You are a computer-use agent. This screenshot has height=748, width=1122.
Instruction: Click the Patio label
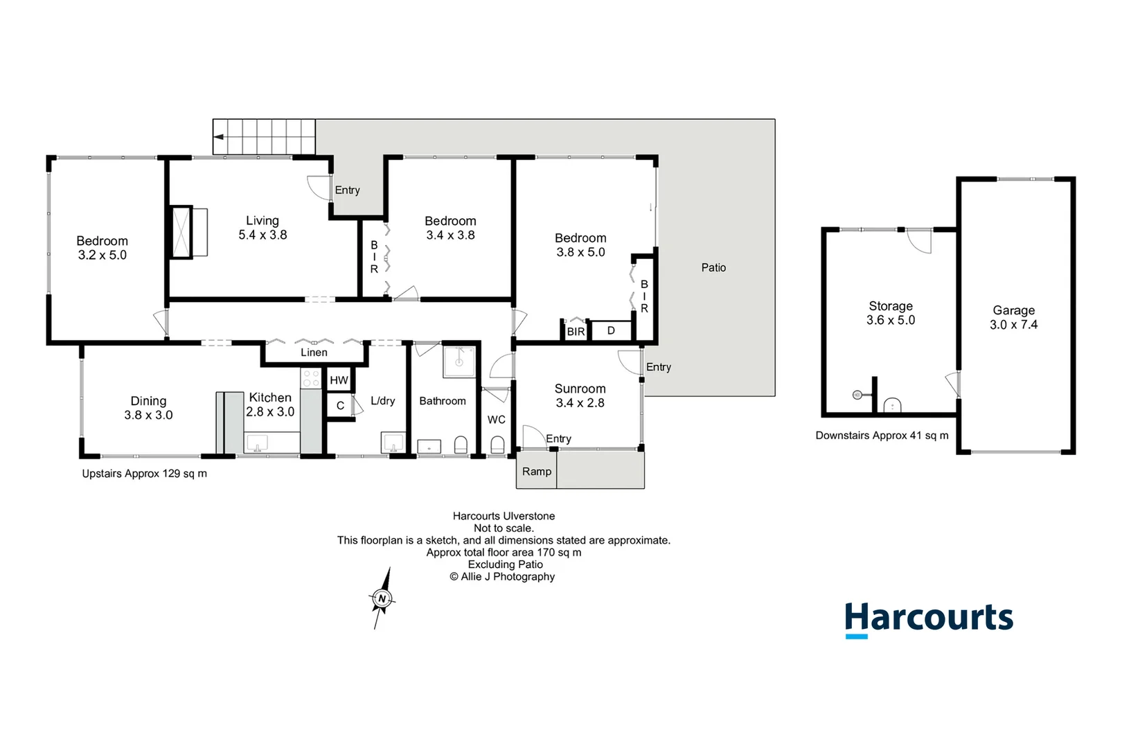pyautogui.click(x=713, y=267)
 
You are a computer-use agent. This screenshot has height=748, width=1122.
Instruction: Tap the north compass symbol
pyautogui.click(x=382, y=598)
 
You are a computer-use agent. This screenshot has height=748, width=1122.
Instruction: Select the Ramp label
pyautogui.click(x=537, y=472)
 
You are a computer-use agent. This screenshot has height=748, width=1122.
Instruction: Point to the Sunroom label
pyautogui.click(x=580, y=389)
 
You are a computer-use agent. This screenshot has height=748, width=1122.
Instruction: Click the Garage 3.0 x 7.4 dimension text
pyautogui.click(x=1014, y=325)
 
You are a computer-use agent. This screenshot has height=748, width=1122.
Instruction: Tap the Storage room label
pyautogui.click(x=891, y=306)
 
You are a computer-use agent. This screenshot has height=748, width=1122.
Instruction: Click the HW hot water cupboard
pyautogui.click(x=339, y=380)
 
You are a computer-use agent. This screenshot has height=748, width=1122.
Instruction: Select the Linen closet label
pyautogui.click(x=314, y=353)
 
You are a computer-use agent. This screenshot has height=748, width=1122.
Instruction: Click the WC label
pyautogui.click(x=497, y=420)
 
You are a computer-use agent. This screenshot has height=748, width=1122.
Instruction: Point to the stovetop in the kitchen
pyautogui.click(x=311, y=378)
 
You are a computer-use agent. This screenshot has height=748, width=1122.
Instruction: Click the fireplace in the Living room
pyautogui.click(x=181, y=232)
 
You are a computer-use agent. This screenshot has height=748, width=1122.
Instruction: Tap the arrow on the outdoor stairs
pyautogui.click(x=219, y=136)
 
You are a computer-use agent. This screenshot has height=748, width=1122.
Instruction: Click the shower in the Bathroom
pyautogui.click(x=458, y=362)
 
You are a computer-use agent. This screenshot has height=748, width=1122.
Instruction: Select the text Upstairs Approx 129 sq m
pyautogui.click(x=144, y=474)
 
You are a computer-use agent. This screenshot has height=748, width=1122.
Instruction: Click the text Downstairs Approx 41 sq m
pyautogui.click(x=882, y=436)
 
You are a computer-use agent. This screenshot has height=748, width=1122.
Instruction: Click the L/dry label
pyautogui.click(x=383, y=401)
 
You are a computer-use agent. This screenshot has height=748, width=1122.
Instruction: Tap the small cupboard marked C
pyautogui.click(x=340, y=405)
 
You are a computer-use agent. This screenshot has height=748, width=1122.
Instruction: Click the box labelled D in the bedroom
pyautogui.click(x=611, y=330)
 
